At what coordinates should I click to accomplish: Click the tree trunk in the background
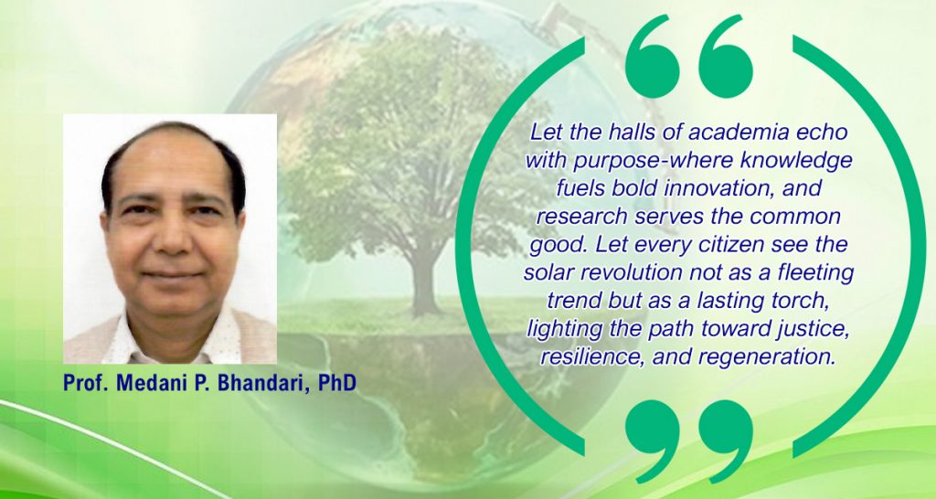pos(425,281)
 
